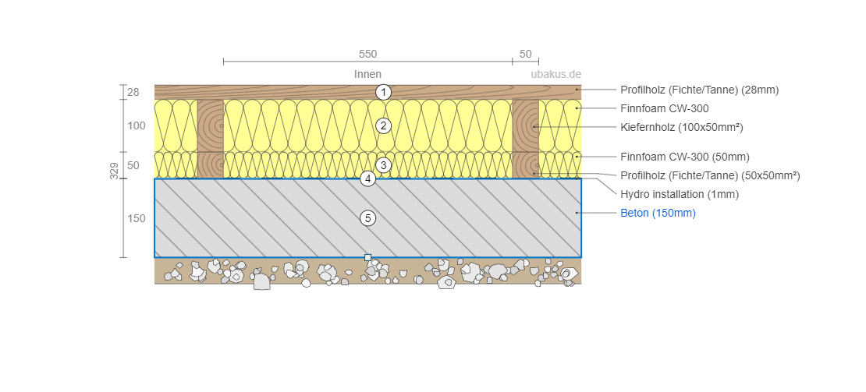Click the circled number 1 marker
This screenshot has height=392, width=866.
[382, 92]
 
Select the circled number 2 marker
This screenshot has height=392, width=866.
[382, 125]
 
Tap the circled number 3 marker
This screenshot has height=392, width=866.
[382, 165]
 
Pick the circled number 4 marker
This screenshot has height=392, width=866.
[368, 178]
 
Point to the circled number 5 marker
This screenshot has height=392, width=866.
[368, 218]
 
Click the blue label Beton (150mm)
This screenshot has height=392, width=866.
[658, 213]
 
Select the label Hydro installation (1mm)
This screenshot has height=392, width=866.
[679, 194]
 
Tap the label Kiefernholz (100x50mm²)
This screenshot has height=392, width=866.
[681, 126]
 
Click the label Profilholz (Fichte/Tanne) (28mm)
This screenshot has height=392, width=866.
[699, 90]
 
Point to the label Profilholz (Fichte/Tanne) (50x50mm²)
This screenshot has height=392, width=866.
[710, 175]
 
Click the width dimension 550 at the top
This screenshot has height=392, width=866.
[367, 55]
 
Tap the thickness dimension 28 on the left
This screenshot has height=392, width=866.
[133, 92]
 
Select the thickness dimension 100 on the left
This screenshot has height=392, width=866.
[137, 125]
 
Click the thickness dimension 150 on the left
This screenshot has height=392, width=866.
[137, 219]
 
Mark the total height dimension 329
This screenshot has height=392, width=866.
[115, 171]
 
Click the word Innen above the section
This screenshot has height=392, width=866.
[367, 75]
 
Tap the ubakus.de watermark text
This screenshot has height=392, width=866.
[556, 75]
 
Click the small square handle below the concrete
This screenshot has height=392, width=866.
[368, 257]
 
